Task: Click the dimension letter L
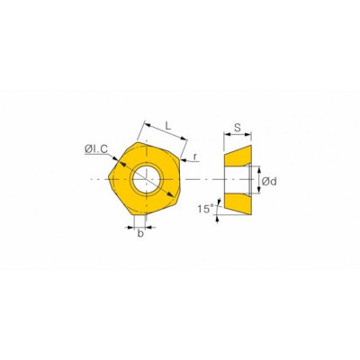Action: [168, 126]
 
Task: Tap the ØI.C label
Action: [96, 148]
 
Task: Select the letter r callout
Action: [195, 157]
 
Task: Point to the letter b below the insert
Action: [140, 234]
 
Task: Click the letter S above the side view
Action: [238, 128]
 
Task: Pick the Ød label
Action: [269, 181]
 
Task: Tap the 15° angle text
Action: [205, 209]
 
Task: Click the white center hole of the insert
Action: [147, 179]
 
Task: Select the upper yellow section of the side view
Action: [238, 156]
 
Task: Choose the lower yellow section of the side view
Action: [238, 204]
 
